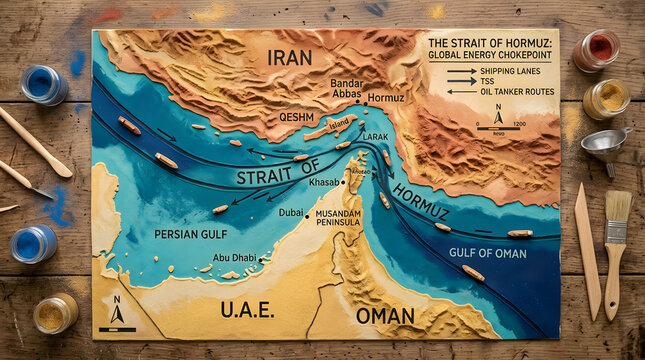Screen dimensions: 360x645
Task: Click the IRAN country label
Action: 290,58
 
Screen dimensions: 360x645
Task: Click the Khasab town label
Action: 324,182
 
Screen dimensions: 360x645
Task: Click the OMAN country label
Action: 385,316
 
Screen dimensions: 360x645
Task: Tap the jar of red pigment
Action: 598,49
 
